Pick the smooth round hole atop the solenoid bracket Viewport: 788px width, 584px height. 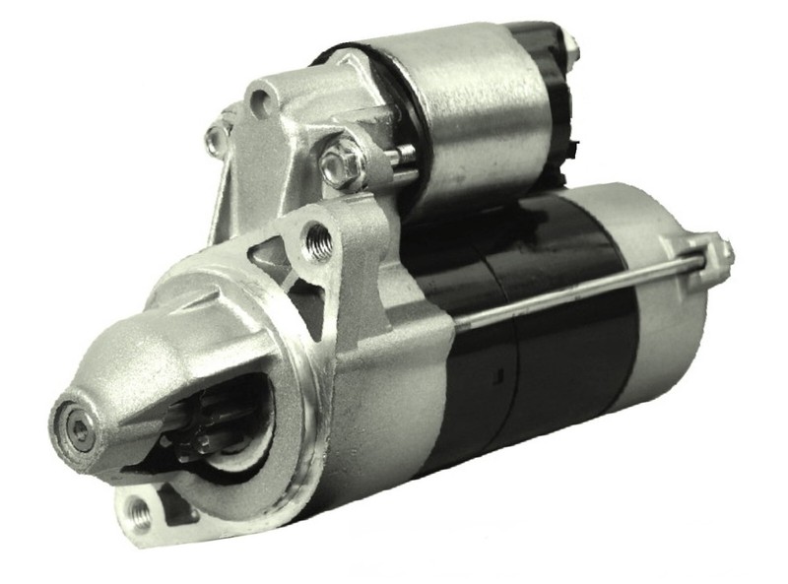pyautogui.click(x=261, y=98)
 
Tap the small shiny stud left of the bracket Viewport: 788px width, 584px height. pyautogui.click(x=216, y=139)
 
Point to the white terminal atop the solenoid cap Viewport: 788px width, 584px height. pyautogui.click(x=569, y=41)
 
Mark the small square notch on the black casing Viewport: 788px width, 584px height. pyautogui.click(x=500, y=373)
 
